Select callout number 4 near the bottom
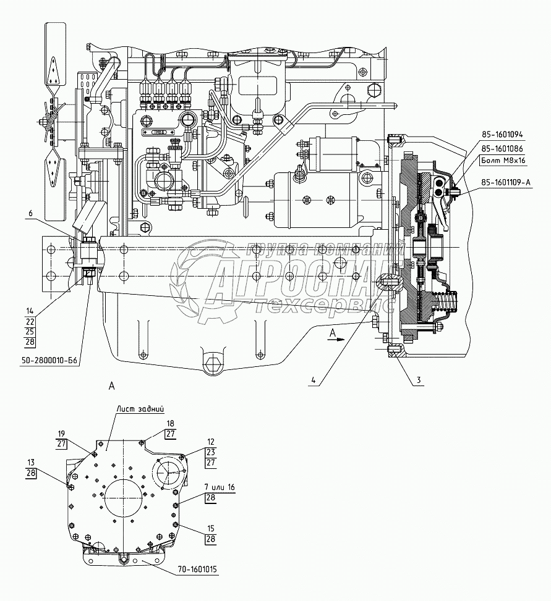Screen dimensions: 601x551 tap(314, 380)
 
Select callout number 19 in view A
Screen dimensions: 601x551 tap(62, 433)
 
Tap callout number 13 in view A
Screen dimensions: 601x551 tap(30, 462)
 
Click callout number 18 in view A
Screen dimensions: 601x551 tap(169, 423)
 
